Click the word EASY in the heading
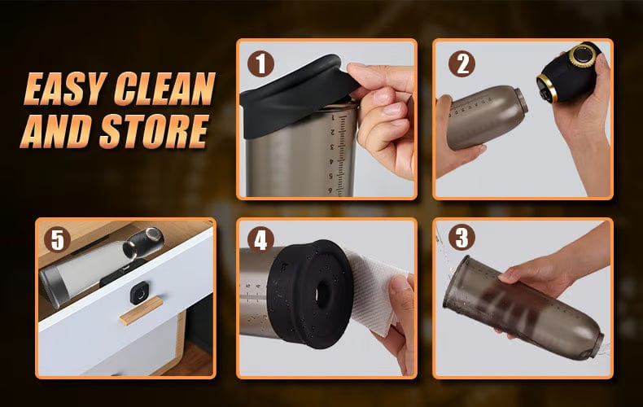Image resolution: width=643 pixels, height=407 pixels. [x=66, y=89]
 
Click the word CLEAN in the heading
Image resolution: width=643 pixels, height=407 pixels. [x=164, y=89]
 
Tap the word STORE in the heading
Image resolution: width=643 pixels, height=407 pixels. [x=154, y=131]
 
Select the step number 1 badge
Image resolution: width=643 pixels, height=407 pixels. [x=260, y=64]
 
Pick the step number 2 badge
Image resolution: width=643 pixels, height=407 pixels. [x=461, y=64]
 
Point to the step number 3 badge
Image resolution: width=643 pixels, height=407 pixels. [x=461, y=238]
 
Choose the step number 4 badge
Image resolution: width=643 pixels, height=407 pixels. [x=260, y=239]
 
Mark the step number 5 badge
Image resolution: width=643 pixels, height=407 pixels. [x=58, y=239]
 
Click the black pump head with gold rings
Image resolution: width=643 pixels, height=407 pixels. [x=568, y=72]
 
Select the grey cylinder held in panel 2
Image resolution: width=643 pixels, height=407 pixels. [x=484, y=116]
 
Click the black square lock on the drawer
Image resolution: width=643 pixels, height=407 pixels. [x=140, y=294]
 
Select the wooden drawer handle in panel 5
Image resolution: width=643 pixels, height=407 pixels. [x=141, y=311]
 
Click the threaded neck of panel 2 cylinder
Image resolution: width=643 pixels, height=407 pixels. [x=521, y=99]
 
